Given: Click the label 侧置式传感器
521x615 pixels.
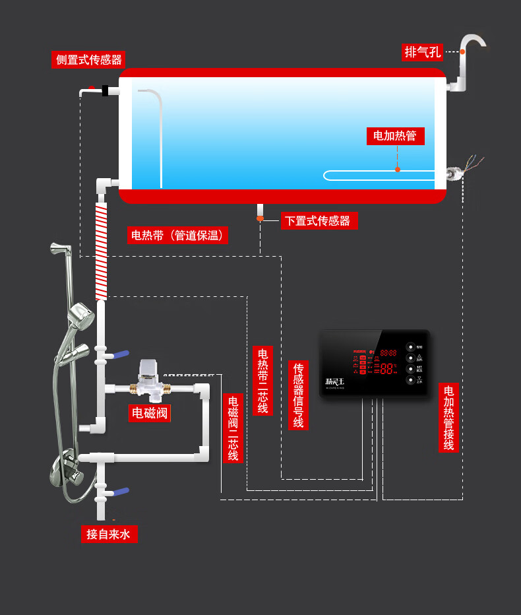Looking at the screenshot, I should (89, 59).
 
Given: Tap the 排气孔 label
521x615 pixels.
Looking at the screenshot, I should (423, 51).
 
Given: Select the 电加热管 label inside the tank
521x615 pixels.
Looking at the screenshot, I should (395, 136).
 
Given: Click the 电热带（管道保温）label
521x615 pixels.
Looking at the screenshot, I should (177, 235).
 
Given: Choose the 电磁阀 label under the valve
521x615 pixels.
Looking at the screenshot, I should (150, 414).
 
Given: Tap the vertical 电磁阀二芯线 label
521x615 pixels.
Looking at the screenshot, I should (233, 428).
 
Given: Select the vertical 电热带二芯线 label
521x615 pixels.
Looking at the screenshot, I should (262, 380).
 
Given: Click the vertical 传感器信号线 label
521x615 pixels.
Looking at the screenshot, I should (298, 395).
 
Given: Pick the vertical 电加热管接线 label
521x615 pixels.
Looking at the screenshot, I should (448, 418).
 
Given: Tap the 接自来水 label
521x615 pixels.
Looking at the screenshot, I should (109, 534).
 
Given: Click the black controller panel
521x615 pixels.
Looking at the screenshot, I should (374, 362).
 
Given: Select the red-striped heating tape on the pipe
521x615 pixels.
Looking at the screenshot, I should (101, 251).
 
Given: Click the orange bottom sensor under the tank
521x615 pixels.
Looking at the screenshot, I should (260, 218).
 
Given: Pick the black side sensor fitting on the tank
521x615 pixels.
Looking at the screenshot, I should (106, 90).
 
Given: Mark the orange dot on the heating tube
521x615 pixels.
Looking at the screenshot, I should (398, 170).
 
